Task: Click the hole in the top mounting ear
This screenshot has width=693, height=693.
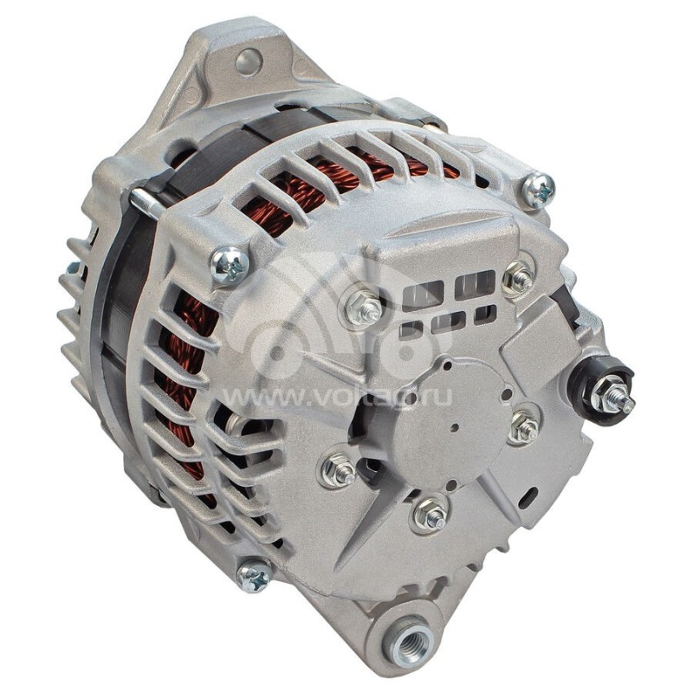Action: click(249, 60)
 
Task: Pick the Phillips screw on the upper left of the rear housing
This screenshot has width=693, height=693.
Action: click(230, 264)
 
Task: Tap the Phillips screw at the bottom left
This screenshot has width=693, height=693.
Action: click(254, 575)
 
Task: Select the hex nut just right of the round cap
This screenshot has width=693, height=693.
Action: click(524, 427)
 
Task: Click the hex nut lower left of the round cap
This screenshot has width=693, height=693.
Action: click(340, 470)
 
